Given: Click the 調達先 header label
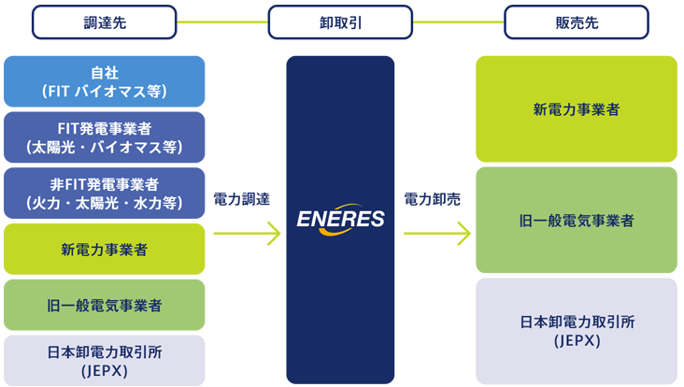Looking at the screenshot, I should (104, 23).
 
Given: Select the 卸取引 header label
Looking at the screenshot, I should (341, 23).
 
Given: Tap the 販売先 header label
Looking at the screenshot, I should (577, 23).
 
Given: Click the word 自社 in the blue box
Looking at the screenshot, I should (104, 73).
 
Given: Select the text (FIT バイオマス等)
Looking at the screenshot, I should (104, 92).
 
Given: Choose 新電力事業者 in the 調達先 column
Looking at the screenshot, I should (104, 250).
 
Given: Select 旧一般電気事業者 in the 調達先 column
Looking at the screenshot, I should (104, 306).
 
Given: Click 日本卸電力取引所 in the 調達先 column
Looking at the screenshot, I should (104, 352).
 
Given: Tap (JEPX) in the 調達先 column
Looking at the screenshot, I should (104, 371).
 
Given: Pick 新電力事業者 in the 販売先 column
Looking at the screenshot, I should (577, 109).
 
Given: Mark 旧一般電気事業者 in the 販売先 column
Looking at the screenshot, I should (577, 222).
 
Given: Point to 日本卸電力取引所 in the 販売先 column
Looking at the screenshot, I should (577, 322).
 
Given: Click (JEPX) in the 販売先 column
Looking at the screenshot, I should (577, 341).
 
